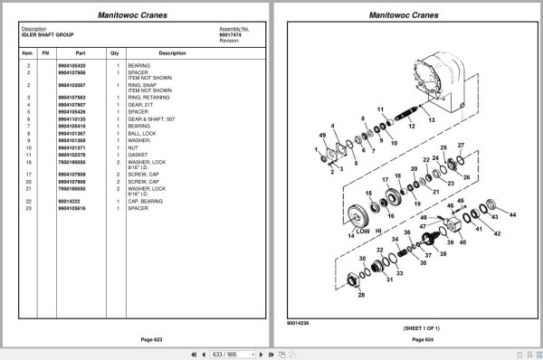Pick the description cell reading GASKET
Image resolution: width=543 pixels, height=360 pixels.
138,155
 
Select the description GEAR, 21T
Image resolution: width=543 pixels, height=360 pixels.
141,103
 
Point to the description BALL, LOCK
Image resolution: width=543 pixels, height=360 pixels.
142,133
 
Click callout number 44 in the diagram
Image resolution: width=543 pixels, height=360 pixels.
512,214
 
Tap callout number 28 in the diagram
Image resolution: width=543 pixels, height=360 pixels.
362,294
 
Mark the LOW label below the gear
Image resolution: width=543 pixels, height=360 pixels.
363,231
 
